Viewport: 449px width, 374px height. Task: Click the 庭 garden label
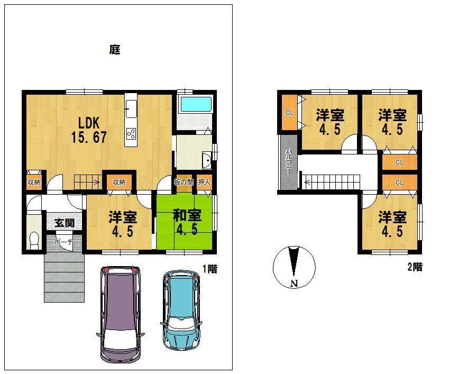[x=115, y=50]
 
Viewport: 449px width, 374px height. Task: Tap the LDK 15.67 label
[x=89, y=130]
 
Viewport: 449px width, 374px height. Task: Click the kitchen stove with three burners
[x=131, y=134]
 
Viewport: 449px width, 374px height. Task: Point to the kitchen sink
[x=131, y=109]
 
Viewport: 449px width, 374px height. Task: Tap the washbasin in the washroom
[x=206, y=160]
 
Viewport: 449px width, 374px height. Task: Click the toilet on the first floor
[x=34, y=240]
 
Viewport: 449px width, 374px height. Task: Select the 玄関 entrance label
[x=65, y=223]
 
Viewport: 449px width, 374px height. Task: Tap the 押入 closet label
[x=204, y=182]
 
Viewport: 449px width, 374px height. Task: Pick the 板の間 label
[x=184, y=182]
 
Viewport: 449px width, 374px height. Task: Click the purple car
[x=121, y=314]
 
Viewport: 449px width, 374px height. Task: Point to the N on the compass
[x=294, y=284]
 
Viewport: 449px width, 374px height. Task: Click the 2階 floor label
[x=415, y=267]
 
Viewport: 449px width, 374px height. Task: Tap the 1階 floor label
[x=210, y=269]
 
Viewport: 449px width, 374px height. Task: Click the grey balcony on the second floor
[x=289, y=162]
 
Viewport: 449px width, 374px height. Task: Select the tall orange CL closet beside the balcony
[x=289, y=113]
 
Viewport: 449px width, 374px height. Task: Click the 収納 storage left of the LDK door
[x=34, y=181]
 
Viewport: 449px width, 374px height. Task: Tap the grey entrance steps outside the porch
[x=64, y=278]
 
